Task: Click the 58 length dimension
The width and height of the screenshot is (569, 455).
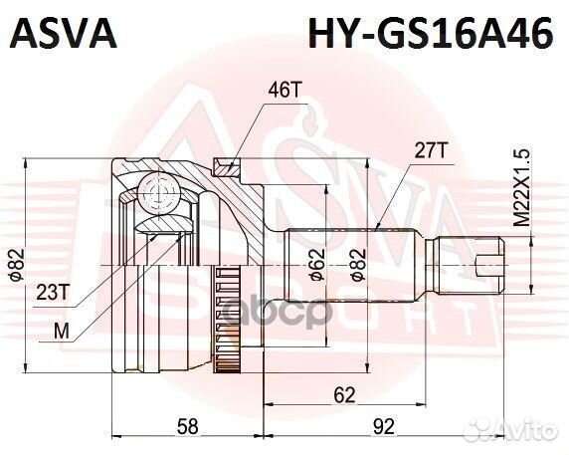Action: [187, 426]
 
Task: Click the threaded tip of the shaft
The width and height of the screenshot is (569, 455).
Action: [493, 264]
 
